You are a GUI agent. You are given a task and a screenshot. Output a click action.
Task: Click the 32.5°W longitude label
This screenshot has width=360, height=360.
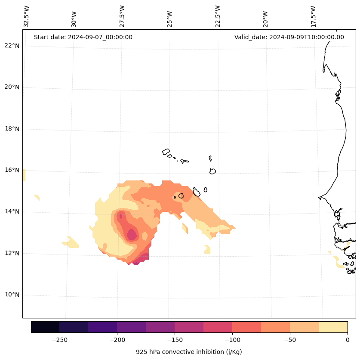pos(27,16)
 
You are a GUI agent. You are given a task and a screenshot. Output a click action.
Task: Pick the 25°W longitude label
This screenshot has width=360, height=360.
pos(170,19)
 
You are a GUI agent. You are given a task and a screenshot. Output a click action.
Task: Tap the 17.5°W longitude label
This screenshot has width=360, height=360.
pos(314,16)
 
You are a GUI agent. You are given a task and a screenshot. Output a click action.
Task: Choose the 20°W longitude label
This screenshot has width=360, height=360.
pos(265,19)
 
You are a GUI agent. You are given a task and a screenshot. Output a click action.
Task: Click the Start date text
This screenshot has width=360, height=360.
pos(83,37)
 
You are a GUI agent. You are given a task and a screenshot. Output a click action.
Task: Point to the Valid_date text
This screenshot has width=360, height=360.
pos(289,37)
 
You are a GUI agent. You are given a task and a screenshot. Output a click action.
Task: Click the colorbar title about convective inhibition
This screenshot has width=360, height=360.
pos(189,352)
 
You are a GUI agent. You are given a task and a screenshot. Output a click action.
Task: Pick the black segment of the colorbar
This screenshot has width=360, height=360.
pos(45,327)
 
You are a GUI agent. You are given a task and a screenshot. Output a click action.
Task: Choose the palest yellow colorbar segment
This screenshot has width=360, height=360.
pos(333,327)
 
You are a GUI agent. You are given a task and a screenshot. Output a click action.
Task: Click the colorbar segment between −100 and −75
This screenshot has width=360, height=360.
pos(246,327)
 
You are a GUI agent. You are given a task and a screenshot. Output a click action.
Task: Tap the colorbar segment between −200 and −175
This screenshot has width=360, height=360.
pos(131,327)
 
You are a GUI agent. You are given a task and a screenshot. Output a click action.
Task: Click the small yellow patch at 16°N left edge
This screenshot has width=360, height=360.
pos(24,175)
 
